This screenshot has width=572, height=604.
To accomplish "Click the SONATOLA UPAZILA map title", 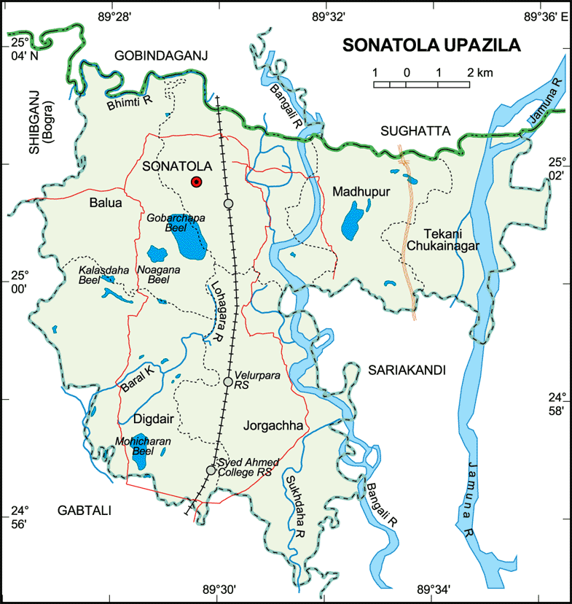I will [431, 45].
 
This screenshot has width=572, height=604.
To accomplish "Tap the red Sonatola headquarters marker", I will [195, 182].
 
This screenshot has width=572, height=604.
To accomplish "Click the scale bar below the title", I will [421, 84].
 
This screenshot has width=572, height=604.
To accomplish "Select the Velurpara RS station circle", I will [228, 382].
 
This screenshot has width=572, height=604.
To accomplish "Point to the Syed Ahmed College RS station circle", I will [211, 471].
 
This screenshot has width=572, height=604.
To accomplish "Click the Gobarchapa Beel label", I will [176, 223].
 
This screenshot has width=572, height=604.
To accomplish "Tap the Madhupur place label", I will [362, 192].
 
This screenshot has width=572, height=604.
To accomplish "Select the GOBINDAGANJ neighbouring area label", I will [160, 55].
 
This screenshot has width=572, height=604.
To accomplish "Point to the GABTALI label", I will [84, 511].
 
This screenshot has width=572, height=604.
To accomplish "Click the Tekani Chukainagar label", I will [442, 239].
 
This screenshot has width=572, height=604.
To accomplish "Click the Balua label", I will [105, 204].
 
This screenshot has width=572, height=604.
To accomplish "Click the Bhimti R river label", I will [129, 101].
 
